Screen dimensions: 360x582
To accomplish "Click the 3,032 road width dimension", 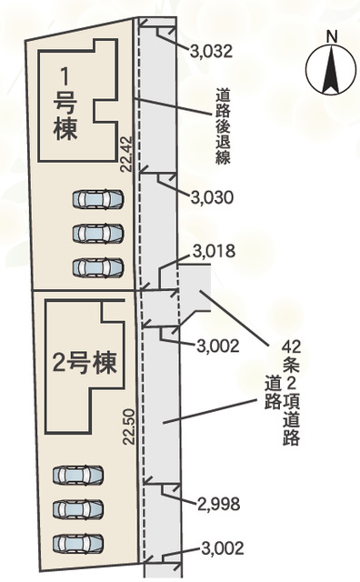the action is [211, 51].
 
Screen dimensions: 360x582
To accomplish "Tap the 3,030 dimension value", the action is [212, 197].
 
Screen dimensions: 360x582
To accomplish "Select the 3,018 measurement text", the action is [214, 251].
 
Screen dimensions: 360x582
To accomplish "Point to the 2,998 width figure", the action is [218, 504].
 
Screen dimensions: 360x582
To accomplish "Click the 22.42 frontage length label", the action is [126, 154].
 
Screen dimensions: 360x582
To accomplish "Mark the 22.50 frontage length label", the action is [129, 426].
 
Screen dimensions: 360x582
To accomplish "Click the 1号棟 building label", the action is [65, 105].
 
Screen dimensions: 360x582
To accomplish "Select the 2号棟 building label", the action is [85, 363].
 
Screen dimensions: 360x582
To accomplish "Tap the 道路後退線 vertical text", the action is [223, 126].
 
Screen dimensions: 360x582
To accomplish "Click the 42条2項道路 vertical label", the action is [291, 393].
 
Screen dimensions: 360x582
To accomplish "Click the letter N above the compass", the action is [332, 36].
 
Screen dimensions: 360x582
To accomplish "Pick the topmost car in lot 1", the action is [97, 199].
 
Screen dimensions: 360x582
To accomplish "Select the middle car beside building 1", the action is [97, 234].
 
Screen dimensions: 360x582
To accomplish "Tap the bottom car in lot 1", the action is [97, 267].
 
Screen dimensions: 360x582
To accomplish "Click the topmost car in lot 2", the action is [77, 475].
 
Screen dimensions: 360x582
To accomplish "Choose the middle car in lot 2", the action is [77, 509].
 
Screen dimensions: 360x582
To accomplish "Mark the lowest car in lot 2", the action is [77, 544].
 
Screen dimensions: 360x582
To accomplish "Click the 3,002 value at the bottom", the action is [223, 547].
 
